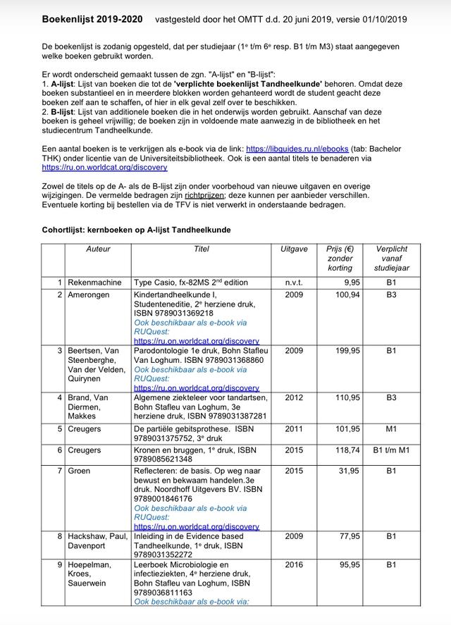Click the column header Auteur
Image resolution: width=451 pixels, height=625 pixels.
click(98, 249)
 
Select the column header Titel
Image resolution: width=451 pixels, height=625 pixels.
click(202, 249)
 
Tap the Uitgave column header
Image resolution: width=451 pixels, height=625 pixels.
click(294, 249)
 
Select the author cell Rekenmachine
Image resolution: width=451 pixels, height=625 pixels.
click(94, 283)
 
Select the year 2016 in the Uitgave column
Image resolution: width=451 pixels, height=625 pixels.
click(294, 564)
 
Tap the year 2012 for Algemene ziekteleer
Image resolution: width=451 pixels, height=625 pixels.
click(294, 397)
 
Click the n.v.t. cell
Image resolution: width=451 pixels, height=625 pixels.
click(294, 283)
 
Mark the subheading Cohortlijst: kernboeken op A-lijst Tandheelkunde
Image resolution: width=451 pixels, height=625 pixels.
click(136, 230)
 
